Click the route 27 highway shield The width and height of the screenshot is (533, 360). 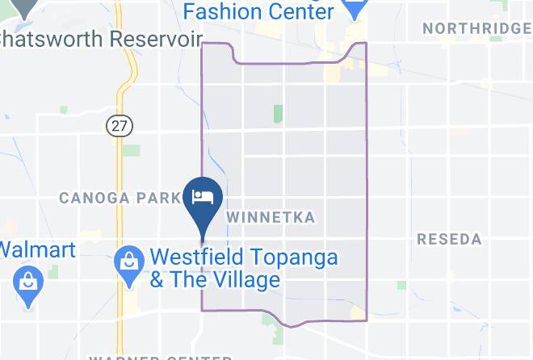(x=120, y=125)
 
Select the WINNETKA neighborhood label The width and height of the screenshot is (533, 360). (x=271, y=217)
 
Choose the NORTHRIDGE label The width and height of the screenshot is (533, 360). (x=476, y=28)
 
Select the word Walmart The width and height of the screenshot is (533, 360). (x=37, y=249)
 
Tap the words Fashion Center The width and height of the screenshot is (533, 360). (x=258, y=11)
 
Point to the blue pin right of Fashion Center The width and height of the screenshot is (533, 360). (x=355, y=8)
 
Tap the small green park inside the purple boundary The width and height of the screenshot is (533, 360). (x=278, y=114)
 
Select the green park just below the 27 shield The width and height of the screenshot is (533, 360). (x=132, y=151)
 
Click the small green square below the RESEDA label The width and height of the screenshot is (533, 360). (x=401, y=285)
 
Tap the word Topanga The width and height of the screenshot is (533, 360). (x=300, y=258)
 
